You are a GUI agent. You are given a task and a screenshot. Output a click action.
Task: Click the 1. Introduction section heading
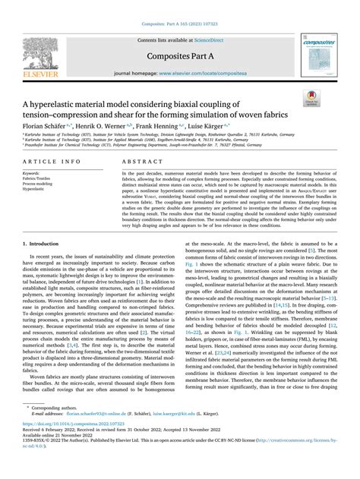(x=46, y=245)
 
